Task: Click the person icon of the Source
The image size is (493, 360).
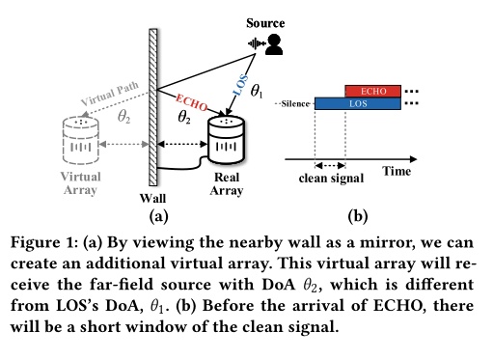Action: [x=275, y=43]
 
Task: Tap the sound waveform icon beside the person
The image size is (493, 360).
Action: [x=257, y=44]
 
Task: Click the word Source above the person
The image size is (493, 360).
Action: [x=265, y=21]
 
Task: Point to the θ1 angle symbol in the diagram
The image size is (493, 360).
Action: [x=257, y=93]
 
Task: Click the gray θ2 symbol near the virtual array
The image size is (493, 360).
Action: [x=123, y=116]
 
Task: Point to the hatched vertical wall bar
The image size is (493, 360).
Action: [x=151, y=106]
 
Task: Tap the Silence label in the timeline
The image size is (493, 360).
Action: [x=294, y=102]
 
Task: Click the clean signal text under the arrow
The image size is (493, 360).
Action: [x=331, y=178]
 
